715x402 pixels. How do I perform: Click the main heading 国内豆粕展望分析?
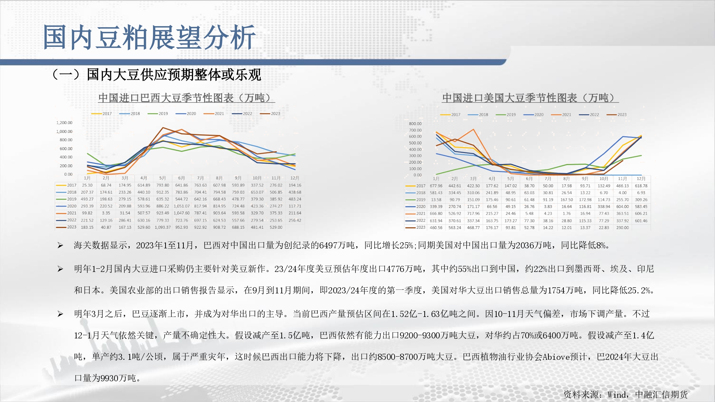coord(149,37)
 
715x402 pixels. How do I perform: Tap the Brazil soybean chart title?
coord(186,98)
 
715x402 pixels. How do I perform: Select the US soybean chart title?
coord(530,98)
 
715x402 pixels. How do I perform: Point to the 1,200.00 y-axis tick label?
coord(64,123)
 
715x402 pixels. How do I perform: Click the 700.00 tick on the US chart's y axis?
coord(415,130)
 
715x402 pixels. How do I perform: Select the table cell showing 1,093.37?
coord(163,227)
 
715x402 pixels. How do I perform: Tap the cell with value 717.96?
coord(473,214)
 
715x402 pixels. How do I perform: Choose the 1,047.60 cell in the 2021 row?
coord(182,213)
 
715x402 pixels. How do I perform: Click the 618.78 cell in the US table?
coord(641,186)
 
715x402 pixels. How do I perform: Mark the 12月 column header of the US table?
coord(641,179)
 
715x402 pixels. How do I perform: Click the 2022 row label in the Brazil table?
coord(71,220)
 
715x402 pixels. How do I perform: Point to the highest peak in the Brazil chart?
coord(163,128)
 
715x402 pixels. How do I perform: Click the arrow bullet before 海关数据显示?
coord(60,245)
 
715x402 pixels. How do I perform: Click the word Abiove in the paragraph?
coord(556,357)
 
